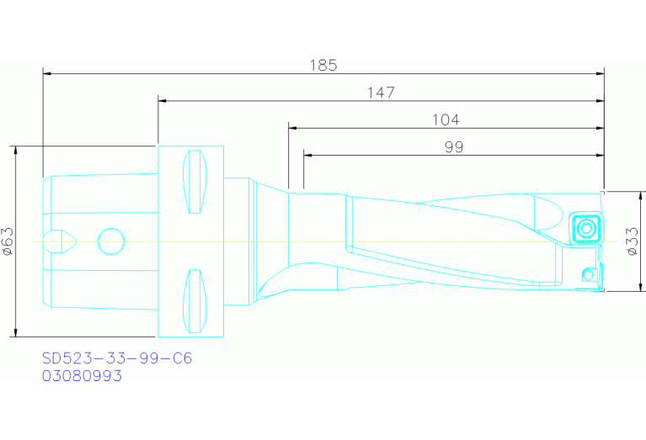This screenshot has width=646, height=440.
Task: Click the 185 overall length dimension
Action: [323, 65]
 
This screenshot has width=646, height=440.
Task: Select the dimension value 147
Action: [381, 93]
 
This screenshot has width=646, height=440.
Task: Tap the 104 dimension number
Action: [446, 119]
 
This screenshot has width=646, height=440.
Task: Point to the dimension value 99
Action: [454, 147]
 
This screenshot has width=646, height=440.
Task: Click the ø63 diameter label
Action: [8, 241]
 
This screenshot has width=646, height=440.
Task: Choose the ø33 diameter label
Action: [633, 241]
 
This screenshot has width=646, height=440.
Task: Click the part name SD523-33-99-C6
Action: [117, 358]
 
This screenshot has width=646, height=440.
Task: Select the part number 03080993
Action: [82, 376]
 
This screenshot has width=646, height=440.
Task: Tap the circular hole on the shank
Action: [111, 241]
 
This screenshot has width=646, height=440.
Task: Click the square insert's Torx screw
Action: [585, 228]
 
